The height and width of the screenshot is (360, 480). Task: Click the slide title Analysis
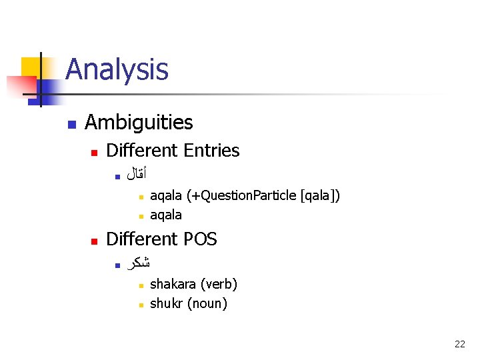click(x=117, y=69)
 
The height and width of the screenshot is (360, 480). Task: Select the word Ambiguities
click(x=139, y=123)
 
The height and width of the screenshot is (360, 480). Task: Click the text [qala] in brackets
click(x=320, y=196)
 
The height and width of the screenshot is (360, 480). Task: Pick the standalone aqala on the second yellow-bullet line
click(x=166, y=215)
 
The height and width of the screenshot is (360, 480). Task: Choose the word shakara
click(x=173, y=285)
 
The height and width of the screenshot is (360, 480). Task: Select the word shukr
click(x=167, y=304)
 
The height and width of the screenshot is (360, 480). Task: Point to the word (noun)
click(x=207, y=304)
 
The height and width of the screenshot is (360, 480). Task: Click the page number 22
click(x=459, y=344)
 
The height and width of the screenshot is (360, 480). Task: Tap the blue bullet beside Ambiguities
click(x=71, y=124)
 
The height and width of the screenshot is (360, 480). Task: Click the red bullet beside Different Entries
click(x=95, y=153)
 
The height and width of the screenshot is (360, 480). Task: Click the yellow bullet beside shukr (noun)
click(x=141, y=305)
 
